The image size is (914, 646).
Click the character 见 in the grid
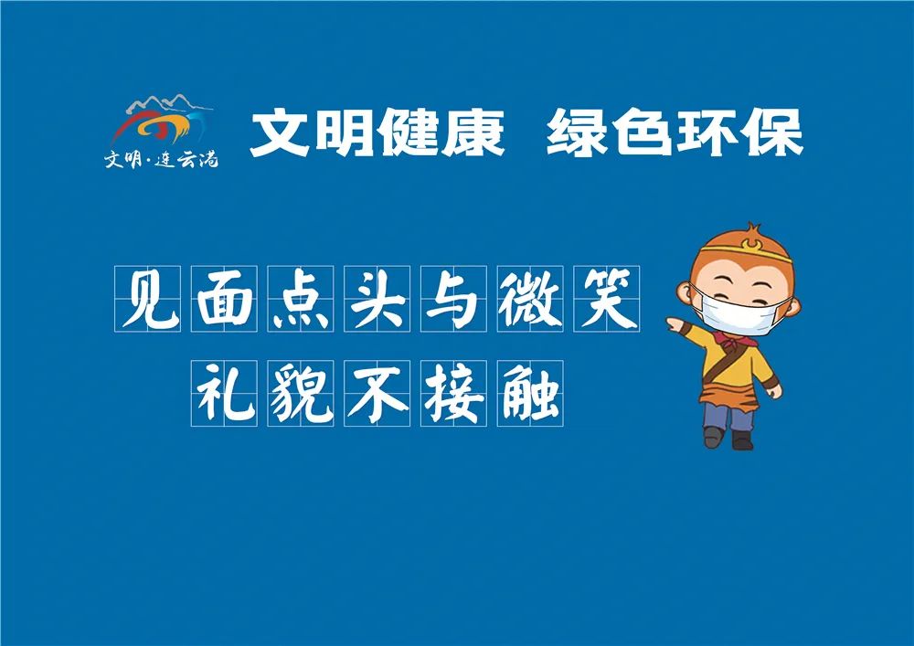click(148, 299)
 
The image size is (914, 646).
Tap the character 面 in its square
click(225, 299)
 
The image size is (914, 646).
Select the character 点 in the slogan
click(301, 299)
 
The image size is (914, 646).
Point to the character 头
click(377, 299)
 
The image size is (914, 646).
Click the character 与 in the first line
click(453, 299)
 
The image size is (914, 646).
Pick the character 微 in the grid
click(530, 299)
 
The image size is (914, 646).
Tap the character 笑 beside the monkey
click(606, 299)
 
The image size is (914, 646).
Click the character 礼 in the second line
click(225, 393)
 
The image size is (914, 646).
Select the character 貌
click(301, 393)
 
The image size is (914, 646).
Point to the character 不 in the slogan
click(377, 393)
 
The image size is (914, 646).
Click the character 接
click(453, 393)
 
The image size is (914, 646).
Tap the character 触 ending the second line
click(530, 393)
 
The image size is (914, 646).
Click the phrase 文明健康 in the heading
click(377, 133)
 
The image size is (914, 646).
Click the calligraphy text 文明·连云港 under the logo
click(161, 159)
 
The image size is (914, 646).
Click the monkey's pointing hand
click(675, 323)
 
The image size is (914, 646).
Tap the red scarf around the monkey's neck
click(736, 338)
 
